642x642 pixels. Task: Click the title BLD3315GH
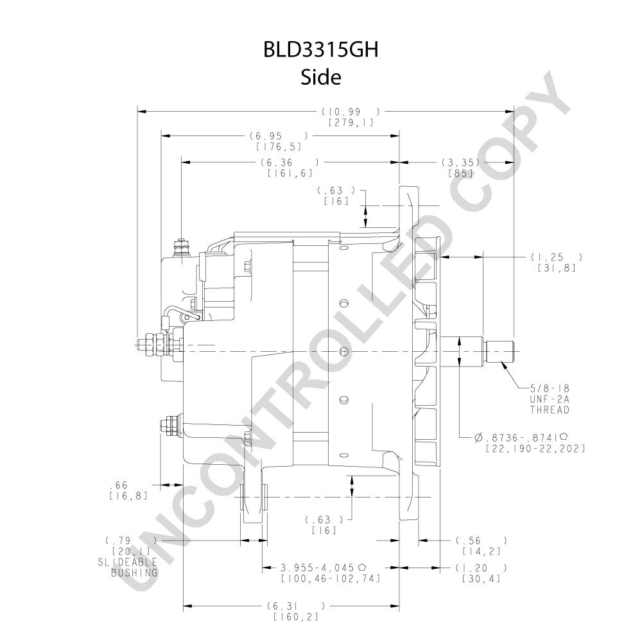point(320,49)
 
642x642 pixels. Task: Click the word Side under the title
point(321,76)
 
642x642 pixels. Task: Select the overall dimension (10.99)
point(351,111)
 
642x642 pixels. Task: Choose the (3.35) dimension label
point(460,162)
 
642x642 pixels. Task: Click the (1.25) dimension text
point(557,257)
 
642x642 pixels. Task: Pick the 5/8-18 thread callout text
point(550,388)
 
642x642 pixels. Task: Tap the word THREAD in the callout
point(550,410)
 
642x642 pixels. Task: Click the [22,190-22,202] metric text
point(535,448)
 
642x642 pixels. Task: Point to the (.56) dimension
point(481,541)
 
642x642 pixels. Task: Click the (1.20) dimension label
point(481,568)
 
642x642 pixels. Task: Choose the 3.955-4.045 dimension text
point(323,568)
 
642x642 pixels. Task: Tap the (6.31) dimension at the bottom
point(295,606)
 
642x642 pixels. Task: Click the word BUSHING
point(134,573)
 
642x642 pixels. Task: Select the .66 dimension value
point(119,485)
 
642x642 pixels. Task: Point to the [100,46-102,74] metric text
point(331,578)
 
